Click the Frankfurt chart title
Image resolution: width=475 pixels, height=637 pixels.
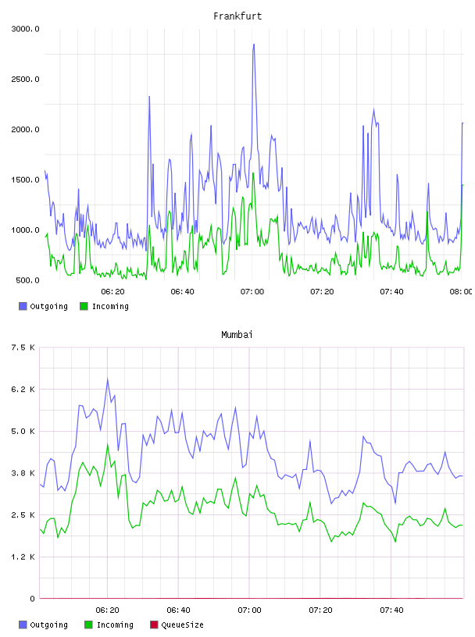tap(237, 16)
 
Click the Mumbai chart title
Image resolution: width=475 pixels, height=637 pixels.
tap(237, 335)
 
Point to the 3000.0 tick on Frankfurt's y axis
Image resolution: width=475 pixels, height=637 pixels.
tap(25, 29)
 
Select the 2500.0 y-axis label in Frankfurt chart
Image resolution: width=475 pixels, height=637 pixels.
tap(25, 79)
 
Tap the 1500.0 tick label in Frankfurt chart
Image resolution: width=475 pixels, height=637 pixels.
tap(25, 180)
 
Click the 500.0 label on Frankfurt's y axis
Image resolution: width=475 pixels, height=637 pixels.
tap(27, 280)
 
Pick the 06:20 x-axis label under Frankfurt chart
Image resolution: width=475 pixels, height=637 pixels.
tap(112, 292)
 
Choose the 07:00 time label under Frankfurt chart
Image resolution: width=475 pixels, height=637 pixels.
tap(252, 292)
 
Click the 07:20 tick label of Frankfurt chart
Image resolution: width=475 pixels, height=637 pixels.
tap(322, 292)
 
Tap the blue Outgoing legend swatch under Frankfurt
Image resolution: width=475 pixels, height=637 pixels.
tap(23, 306)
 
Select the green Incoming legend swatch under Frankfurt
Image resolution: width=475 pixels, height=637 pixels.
tap(84, 306)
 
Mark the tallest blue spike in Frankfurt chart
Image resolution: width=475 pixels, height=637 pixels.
tap(254, 44)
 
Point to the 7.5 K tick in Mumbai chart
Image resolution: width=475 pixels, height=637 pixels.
tap(23, 347)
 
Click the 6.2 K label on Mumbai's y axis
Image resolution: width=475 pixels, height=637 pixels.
tap(23, 390)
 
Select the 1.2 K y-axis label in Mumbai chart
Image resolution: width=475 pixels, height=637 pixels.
tap(23, 557)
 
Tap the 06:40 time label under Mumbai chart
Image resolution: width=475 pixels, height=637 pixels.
tap(179, 610)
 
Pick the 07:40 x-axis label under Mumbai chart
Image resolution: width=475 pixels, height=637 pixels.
tap(391, 610)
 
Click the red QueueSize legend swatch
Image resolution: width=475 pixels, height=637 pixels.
tap(154, 625)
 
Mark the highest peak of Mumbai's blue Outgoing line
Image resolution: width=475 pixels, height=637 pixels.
tap(107, 379)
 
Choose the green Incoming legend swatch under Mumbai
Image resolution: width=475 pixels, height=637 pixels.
tap(88, 625)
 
